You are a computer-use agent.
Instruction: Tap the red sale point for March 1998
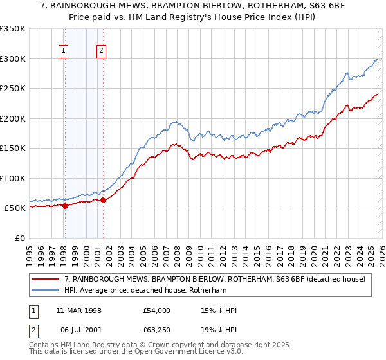point(65,206)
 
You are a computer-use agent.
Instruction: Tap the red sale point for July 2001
point(103,200)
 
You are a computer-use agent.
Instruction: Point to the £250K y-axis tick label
point(13,89)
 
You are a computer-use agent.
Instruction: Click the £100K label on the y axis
point(13,178)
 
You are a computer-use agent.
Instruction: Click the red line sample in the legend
point(45,279)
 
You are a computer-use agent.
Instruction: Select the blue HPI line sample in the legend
point(45,291)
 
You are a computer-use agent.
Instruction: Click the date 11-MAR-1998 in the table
point(82,310)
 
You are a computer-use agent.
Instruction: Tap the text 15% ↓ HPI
point(219,310)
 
